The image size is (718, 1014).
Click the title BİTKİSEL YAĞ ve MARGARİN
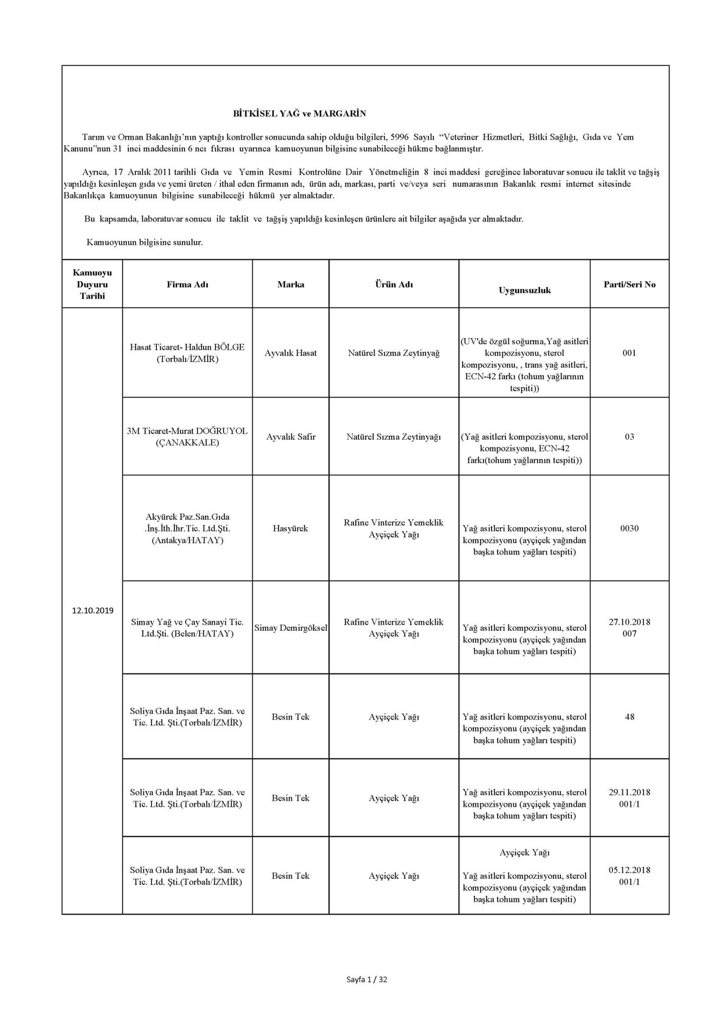point(299,114)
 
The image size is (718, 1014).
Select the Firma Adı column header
point(187,285)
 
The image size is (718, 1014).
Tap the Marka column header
point(291,285)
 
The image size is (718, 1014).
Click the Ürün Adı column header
point(394,285)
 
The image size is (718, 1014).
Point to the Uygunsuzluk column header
point(524,291)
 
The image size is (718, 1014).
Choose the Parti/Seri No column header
point(629,285)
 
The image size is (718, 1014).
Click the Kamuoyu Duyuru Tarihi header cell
point(92,285)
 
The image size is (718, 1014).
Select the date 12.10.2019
point(92,610)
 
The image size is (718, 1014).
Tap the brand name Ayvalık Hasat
point(291,353)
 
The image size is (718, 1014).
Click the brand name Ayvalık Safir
point(291,437)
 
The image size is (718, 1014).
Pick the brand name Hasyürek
point(291,528)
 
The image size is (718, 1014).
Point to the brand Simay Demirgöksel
point(291,628)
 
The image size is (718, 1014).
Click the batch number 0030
point(629,528)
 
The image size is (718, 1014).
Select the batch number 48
point(629,716)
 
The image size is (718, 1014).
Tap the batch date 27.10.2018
point(629,622)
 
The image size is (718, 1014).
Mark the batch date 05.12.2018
point(629,870)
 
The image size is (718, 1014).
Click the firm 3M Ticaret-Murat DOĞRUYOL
point(187,431)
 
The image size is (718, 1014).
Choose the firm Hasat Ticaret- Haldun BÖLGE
point(187,347)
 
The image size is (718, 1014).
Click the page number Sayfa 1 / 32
point(367,979)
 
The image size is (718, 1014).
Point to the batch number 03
point(629,437)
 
